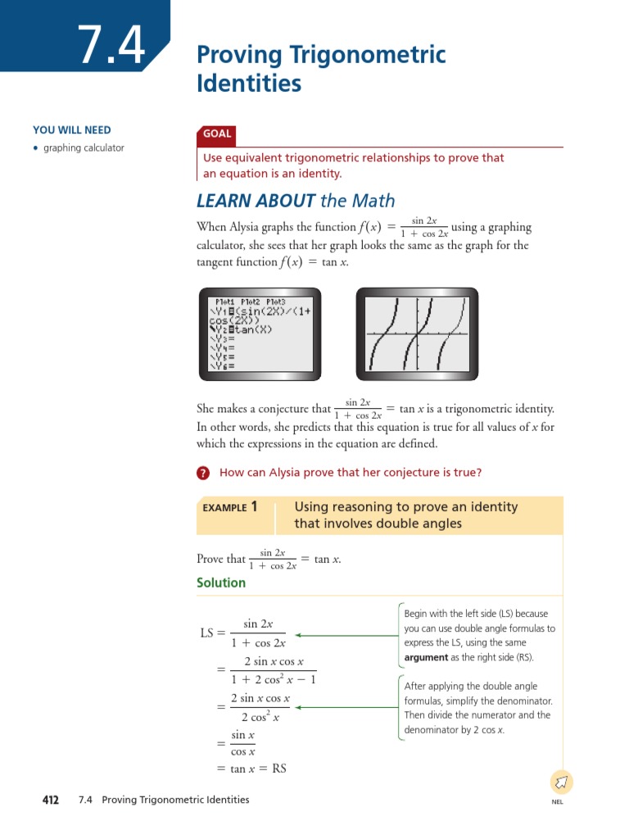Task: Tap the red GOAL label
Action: pyautogui.click(x=218, y=134)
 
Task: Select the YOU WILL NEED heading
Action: pyautogui.click(x=72, y=130)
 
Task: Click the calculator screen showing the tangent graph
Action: pyautogui.click(x=416, y=335)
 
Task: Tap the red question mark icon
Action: pyautogui.click(x=204, y=473)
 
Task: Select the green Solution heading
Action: pyautogui.click(x=221, y=583)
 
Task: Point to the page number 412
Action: pyautogui.click(x=51, y=800)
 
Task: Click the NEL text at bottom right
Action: pyautogui.click(x=558, y=801)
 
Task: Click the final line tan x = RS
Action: pyautogui.click(x=251, y=769)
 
